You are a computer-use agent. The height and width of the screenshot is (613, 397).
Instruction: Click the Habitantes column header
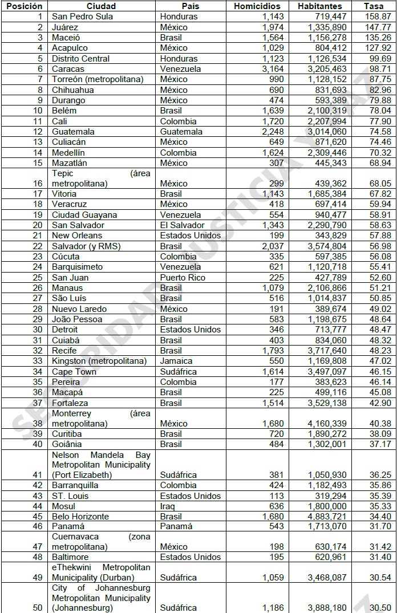click(319, 6)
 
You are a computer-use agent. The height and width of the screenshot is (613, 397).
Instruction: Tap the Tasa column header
click(374, 6)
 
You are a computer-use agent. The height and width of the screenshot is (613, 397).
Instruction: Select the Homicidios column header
click(257, 6)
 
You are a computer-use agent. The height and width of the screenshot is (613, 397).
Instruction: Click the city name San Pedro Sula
click(82, 17)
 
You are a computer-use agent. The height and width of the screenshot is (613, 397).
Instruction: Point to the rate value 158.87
click(378, 17)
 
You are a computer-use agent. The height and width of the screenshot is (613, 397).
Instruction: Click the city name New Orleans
click(77, 236)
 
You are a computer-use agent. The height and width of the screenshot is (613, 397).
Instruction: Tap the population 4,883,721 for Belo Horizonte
click(322, 517)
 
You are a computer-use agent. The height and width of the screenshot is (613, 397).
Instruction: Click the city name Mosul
click(63, 506)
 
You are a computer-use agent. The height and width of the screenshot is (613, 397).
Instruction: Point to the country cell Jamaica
click(176, 361)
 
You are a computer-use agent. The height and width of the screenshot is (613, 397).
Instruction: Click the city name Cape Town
click(74, 372)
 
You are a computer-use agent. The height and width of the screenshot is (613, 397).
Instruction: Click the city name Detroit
click(66, 330)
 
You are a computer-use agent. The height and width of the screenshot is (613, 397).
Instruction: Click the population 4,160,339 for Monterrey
click(322, 424)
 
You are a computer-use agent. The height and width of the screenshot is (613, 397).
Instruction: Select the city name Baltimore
click(70, 557)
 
